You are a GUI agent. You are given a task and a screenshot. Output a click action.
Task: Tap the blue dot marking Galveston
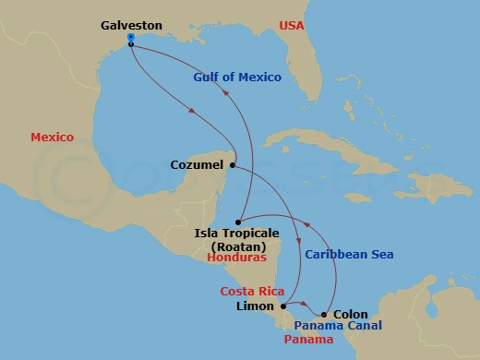click(x=131, y=38)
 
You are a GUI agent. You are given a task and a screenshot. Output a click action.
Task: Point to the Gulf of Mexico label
click(x=237, y=78)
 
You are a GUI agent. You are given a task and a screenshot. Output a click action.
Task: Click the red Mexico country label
click(x=52, y=137)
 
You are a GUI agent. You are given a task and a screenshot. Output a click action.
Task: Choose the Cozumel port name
click(x=198, y=165)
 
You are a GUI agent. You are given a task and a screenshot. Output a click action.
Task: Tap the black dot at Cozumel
click(x=232, y=166)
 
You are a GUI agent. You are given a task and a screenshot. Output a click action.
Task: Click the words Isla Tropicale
click(x=230, y=234)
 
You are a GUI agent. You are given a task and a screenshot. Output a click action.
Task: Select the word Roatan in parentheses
click(x=231, y=246)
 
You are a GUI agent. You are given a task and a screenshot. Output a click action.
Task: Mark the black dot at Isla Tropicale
click(x=238, y=222)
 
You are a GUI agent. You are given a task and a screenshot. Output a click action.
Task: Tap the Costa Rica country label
click(x=250, y=292)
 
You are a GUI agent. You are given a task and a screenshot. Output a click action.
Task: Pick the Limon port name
click(x=255, y=306)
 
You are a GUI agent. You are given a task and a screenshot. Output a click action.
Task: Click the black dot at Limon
click(x=282, y=306)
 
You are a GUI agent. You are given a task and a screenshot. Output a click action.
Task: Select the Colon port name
click(x=349, y=314)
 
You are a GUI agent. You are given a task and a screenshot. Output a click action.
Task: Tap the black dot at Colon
click(x=323, y=315)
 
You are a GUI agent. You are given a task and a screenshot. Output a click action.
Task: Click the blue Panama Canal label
click(x=338, y=327)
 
